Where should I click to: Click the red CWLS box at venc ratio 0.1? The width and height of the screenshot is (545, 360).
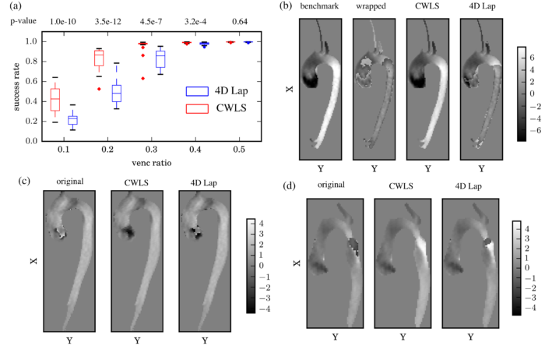click(55, 100)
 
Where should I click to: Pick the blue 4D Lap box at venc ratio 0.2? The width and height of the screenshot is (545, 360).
click(116, 92)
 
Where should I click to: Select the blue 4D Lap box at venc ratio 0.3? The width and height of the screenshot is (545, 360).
click(160, 58)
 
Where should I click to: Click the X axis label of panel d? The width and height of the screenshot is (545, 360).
click(297, 263)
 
